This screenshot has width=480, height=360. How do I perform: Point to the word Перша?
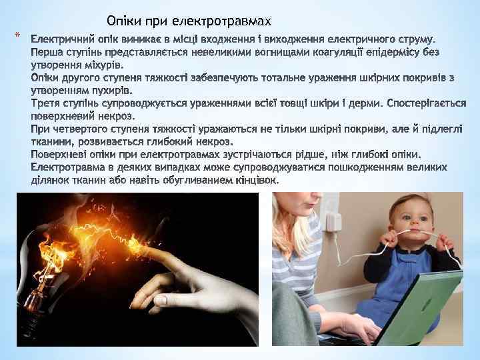49,51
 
